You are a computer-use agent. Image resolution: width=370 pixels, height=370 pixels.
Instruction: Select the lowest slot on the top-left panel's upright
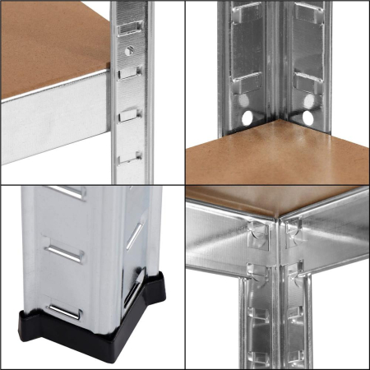[126, 158]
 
